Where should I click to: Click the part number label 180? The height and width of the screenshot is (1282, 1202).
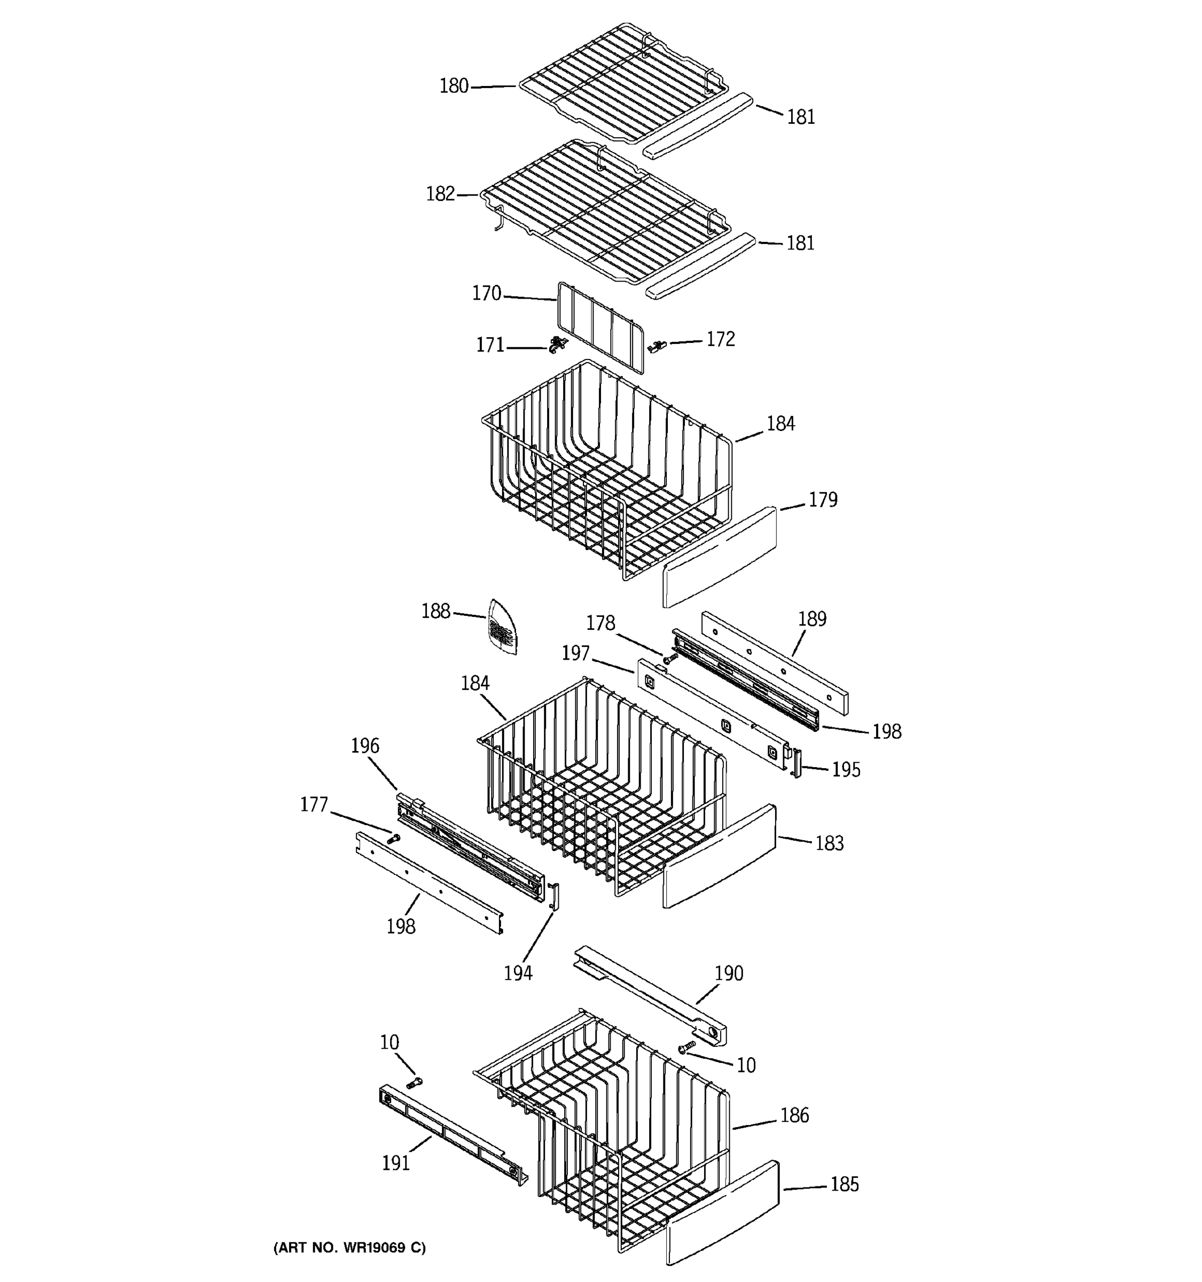coord(454,86)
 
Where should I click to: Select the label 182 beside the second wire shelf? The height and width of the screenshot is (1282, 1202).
coord(440,193)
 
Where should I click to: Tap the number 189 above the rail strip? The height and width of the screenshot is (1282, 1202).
coord(812,619)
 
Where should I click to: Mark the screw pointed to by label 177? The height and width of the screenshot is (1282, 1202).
coord(393,838)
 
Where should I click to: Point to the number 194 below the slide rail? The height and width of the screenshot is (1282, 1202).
coord(518,973)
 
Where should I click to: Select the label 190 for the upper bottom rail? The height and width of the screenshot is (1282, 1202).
coord(729,973)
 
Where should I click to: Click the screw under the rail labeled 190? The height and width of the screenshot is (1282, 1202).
coord(688,1045)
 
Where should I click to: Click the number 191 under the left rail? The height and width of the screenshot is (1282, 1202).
coord(395,1163)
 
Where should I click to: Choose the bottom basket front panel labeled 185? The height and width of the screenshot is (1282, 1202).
coord(722,1213)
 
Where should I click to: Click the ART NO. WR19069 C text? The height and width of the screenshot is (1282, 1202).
coord(349,1248)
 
